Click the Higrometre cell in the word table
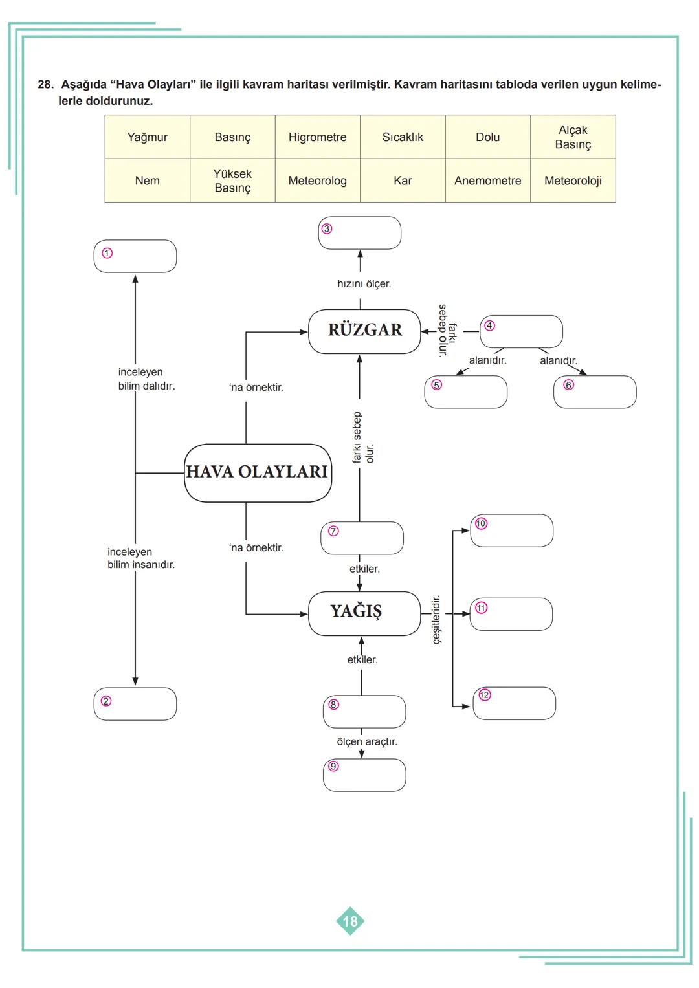pos(317,137)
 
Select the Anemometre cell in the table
pos(487,181)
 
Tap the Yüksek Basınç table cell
pos(232,181)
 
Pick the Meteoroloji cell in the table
pos(573,181)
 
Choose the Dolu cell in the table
pos(487,137)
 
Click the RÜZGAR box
pos(364,331)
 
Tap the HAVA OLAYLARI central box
pos(258,472)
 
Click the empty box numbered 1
pos(135,256)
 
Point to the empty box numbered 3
pos(360,233)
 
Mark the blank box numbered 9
pos(364,775)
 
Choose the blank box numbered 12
pos(515,703)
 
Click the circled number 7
pos(333,531)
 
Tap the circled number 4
pos(490,325)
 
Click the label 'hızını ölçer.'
pos(364,284)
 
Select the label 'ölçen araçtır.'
pos(367,741)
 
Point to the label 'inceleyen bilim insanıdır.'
pos(141,558)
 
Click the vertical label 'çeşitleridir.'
pos(437,620)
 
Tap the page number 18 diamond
pos(350,921)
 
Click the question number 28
pos(45,85)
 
